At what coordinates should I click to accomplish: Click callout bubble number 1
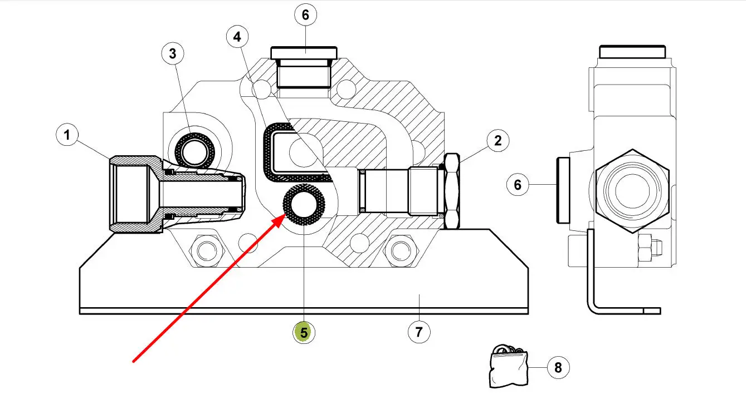point(67,135)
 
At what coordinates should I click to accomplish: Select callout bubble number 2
point(498,141)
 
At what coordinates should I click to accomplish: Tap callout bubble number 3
point(173,53)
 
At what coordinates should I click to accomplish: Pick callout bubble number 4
point(237,37)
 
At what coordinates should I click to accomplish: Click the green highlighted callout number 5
point(304,333)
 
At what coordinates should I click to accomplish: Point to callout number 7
point(419,332)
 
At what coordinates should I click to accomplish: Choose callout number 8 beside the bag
point(558,367)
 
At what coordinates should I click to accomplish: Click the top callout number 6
point(305,14)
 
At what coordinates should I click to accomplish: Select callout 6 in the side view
point(518,185)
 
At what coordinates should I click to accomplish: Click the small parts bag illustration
point(508,366)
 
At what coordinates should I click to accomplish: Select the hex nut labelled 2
point(452,191)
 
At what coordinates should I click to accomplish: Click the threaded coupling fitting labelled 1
point(177,194)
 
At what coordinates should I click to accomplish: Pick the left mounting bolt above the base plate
point(207,250)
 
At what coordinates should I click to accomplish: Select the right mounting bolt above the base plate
point(401,250)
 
